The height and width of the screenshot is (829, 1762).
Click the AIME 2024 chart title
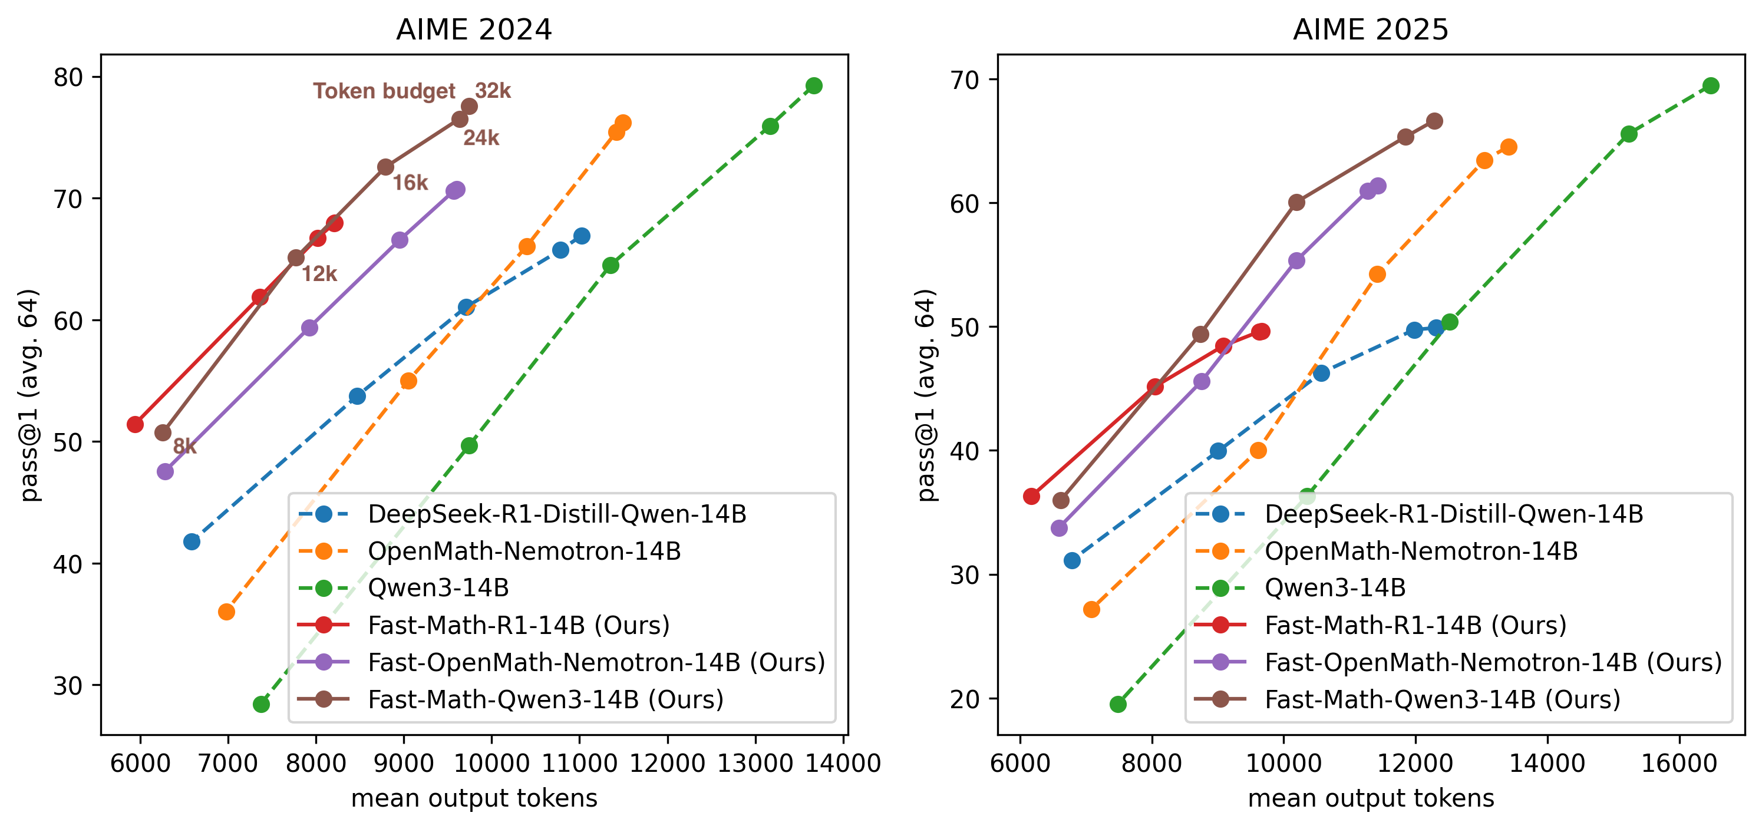tap(473, 29)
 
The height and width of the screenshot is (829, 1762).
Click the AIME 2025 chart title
tap(1370, 29)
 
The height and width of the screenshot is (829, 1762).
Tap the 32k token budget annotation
tap(493, 90)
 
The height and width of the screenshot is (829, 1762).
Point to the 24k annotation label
tap(481, 138)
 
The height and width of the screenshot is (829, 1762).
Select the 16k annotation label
tap(410, 183)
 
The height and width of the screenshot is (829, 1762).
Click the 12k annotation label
tap(319, 275)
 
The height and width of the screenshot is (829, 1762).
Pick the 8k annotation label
tap(184, 447)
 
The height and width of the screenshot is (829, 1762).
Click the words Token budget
tap(384, 91)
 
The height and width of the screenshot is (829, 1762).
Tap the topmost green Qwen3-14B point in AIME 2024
tap(814, 85)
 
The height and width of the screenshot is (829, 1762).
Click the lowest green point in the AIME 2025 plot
tap(1118, 704)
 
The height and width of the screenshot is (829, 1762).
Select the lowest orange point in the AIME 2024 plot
tap(226, 612)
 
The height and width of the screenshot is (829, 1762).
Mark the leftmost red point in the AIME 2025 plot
tap(1031, 496)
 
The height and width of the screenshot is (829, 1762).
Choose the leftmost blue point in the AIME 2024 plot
tap(192, 541)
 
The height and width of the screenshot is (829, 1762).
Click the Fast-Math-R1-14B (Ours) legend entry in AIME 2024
tap(518, 625)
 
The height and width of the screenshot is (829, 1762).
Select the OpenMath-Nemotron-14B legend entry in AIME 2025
tap(1420, 551)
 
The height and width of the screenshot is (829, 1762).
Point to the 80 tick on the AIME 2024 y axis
tap(68, 77)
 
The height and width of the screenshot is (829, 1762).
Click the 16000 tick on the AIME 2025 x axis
tap(1678, 762)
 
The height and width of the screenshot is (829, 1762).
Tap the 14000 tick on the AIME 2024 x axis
tap(843, 762)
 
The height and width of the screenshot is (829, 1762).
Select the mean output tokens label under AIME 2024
tap(474, 798)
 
